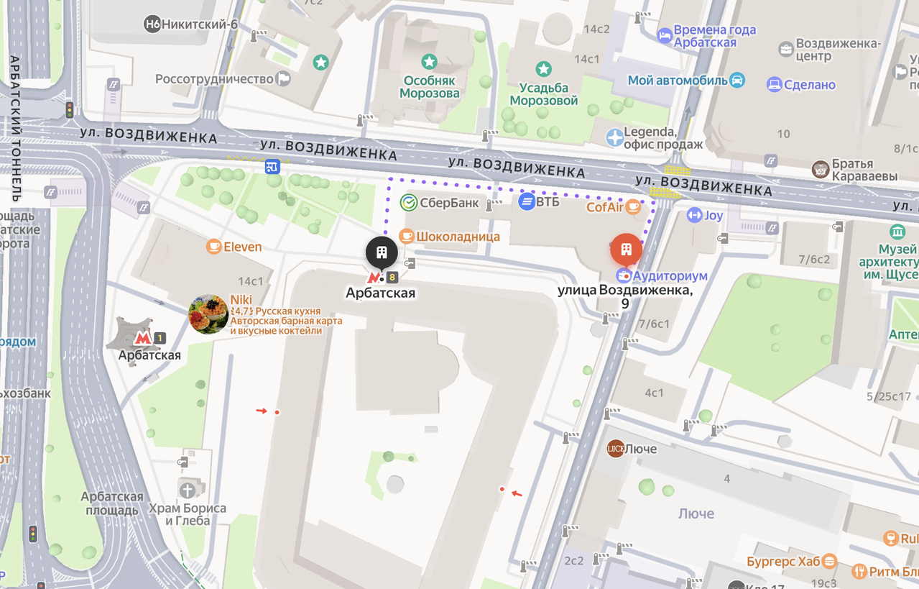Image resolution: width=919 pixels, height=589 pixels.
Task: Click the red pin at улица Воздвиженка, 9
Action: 626,250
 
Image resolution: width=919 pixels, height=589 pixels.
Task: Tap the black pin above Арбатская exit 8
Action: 382,252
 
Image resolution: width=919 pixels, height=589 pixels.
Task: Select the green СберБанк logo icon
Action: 408,203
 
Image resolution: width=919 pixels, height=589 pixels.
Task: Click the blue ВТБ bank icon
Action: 527,202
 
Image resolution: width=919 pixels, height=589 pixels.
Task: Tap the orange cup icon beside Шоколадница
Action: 406,236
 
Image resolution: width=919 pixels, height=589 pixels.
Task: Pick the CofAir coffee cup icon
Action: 633,207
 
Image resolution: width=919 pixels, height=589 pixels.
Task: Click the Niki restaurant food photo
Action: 208,314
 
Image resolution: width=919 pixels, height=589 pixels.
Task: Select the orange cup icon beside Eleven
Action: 213,247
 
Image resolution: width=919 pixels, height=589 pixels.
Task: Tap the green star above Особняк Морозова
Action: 429,62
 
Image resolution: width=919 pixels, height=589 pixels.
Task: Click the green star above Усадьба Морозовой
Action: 544,69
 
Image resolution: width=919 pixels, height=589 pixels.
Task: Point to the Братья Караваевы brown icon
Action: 820,170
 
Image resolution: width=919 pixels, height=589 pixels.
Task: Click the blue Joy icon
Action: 694,215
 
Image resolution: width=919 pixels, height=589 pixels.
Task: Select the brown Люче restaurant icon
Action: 615,449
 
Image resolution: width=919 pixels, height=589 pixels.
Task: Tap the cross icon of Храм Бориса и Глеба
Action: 188,490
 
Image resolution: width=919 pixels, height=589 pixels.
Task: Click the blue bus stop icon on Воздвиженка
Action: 272,167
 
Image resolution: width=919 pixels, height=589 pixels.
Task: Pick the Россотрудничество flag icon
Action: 284,78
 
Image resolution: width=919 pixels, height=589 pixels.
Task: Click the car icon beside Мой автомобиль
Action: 737,80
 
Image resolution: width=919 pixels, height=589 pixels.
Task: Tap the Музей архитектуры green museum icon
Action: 897,232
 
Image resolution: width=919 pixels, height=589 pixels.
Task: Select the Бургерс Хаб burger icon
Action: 830,560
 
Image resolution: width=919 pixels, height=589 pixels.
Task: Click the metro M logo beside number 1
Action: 143,337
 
